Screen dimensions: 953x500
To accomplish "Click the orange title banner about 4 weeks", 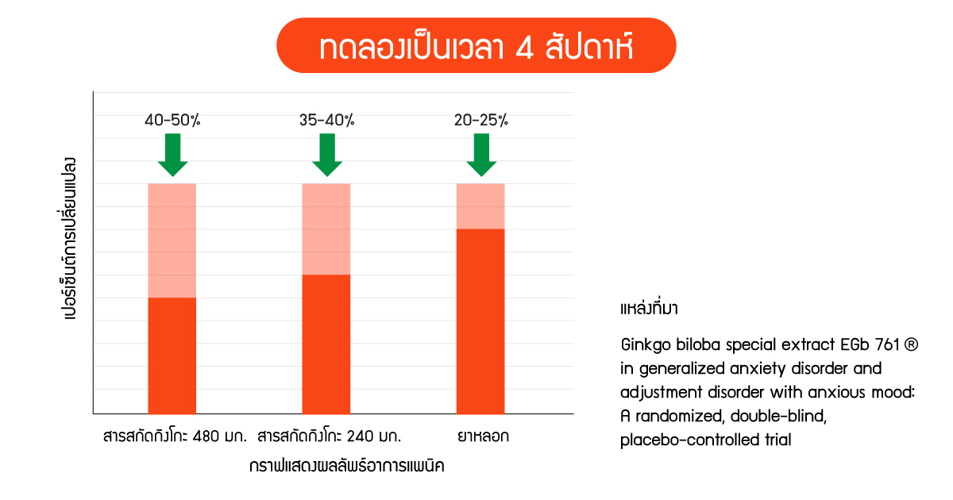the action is point(476,45).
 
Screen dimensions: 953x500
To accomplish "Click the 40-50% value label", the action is point(172,121).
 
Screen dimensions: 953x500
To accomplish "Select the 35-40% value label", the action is point(326,121).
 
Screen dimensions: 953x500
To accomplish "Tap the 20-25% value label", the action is point(481,121).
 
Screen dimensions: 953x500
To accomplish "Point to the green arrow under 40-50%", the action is point(173,155).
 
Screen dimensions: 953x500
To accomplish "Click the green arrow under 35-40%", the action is point(327,155).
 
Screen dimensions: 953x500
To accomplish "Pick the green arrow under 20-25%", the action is point(481,155).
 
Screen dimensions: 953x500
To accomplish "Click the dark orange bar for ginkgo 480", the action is point(172,356).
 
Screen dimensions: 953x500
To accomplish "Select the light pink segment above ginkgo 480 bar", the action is point(172,240).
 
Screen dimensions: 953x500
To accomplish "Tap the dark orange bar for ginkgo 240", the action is point(326,344).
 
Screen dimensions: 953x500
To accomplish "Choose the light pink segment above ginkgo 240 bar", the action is point(326,229).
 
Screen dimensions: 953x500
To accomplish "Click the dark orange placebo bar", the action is point(480,321).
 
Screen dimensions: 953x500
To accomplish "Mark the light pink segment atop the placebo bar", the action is point(480,206).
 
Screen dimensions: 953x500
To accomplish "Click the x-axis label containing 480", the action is point(175,437).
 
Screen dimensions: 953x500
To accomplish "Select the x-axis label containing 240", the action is point(330,437).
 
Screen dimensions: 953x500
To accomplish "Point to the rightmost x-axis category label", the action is point(484,437).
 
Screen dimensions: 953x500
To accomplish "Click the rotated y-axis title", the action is point(68,239).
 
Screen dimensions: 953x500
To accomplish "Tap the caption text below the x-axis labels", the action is point(347,466).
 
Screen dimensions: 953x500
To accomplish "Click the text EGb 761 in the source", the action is point(870,344).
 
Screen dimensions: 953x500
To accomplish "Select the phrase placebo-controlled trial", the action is point(706,440).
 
